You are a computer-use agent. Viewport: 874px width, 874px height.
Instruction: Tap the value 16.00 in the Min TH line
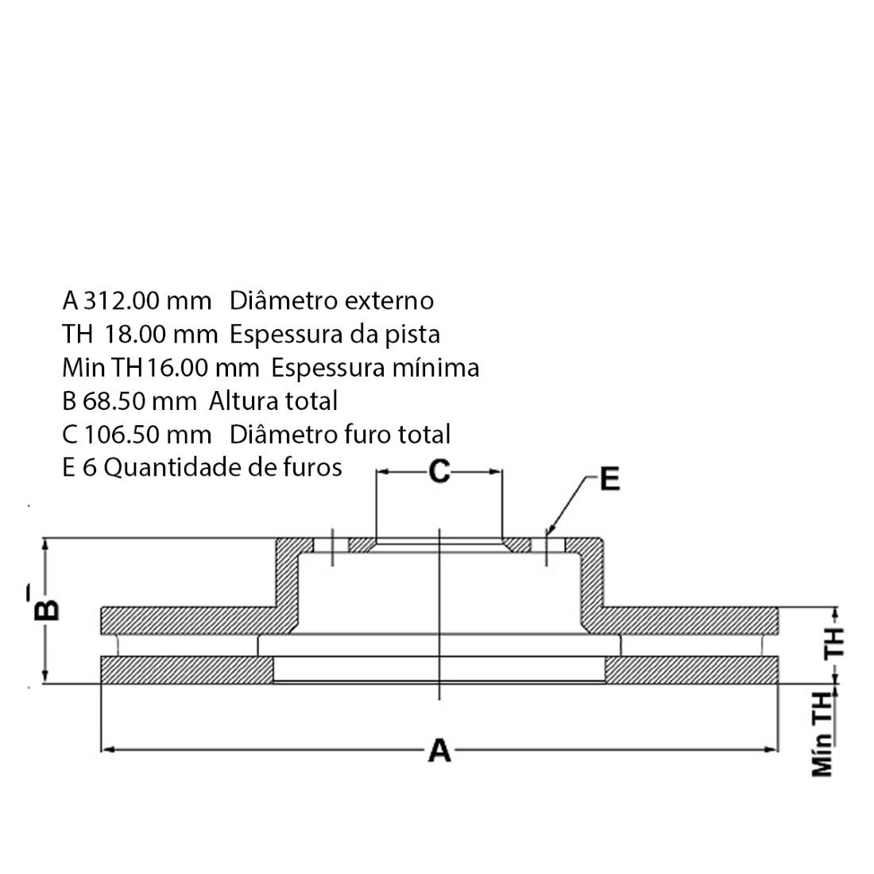pos(177,368)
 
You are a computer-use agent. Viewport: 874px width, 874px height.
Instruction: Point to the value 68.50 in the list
pos(114,401)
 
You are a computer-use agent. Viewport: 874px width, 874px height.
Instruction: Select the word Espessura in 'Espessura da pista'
pos(286,335)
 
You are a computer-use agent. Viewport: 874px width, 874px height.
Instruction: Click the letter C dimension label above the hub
pos(439,471)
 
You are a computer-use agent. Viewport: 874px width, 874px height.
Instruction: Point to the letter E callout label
pos(609,479)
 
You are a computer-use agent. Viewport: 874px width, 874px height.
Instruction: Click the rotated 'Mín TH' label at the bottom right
pos(822,734)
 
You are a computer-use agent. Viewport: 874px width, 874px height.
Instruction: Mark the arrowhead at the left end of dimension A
pos(107,750)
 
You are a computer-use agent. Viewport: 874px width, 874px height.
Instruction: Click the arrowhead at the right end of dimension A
pos(771,750)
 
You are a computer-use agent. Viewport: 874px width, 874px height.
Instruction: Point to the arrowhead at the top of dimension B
pos(46,545)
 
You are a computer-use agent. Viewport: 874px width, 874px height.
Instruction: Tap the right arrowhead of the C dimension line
pos(496,471)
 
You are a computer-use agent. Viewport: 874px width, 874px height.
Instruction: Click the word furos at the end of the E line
pos(312,468)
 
